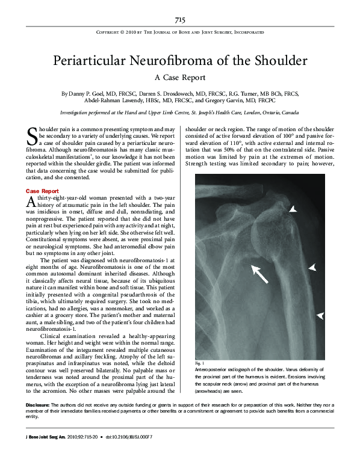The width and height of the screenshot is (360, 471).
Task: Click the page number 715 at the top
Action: pos(180,20)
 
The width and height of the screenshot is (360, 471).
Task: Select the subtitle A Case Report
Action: pos(180,78)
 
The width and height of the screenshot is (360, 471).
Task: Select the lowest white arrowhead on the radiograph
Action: pos(320,315)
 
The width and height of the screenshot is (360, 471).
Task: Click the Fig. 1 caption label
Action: pos(200,363)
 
